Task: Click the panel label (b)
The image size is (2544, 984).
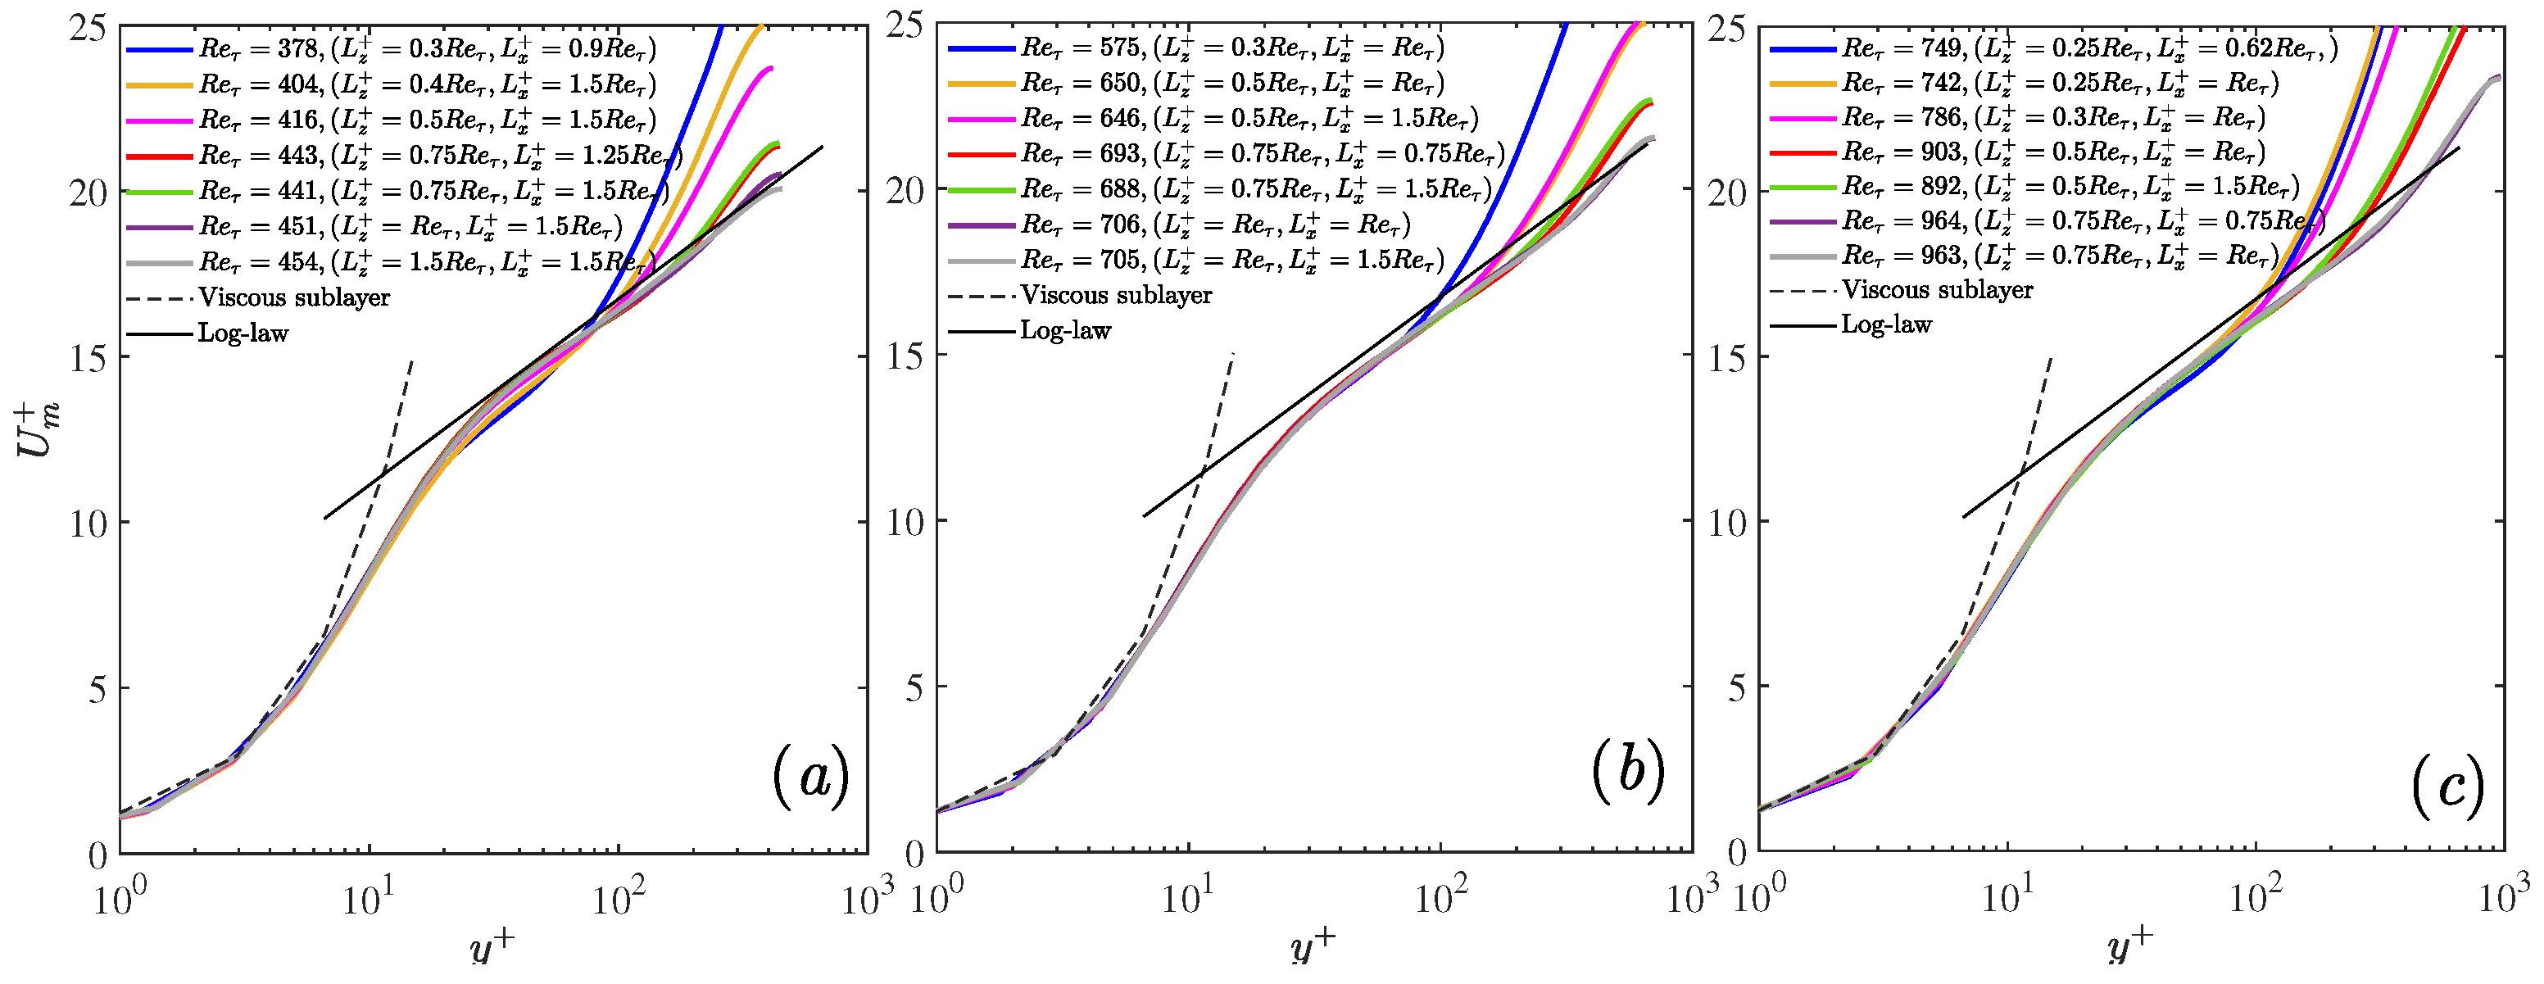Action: coord(1627,772)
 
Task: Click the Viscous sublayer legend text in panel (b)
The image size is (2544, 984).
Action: coord(1116,294)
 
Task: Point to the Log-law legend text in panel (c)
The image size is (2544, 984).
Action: coord(1886,324)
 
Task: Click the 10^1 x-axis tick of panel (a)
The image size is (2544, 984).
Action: coord(367,899)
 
